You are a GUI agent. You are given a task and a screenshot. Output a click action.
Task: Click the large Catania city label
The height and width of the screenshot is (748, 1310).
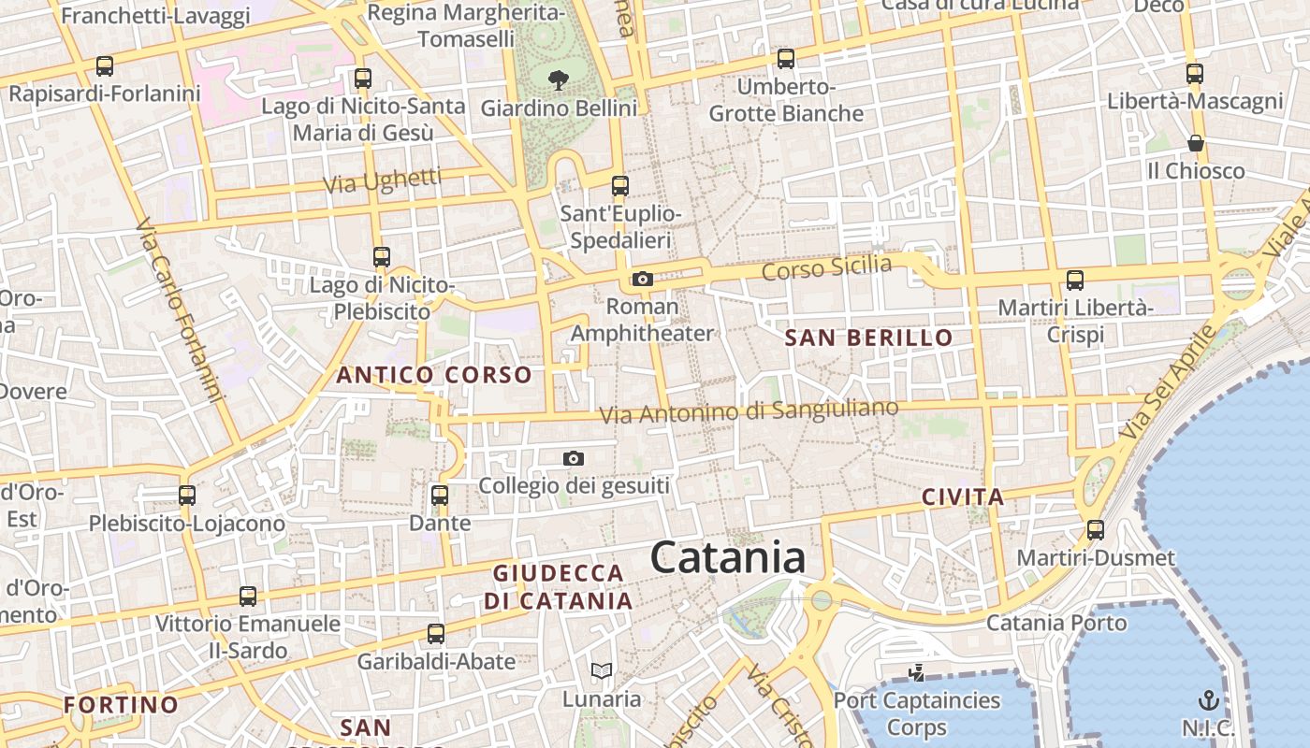click(727, 558)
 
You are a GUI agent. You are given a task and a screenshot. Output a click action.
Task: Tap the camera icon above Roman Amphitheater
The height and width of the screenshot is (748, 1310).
click(642, 279)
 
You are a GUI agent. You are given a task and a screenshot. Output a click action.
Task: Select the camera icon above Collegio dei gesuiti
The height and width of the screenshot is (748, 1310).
click(574, 458)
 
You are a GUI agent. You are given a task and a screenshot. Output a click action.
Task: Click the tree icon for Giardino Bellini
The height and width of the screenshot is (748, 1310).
click(559, 80)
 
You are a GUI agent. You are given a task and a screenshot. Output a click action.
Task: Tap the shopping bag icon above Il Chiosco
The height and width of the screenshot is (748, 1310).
click(1196, 143)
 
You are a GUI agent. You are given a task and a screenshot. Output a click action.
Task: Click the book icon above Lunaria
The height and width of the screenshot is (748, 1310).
click(602, 670)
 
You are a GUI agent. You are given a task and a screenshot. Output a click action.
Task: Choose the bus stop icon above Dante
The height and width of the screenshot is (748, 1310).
click(440, 496)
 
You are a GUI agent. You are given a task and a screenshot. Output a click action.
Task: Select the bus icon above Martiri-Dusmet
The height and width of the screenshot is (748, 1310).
click(1096, 530)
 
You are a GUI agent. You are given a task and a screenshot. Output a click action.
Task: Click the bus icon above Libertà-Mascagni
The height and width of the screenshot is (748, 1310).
click(1194, 73)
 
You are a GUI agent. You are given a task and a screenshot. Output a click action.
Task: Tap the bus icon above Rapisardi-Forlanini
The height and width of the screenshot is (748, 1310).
click(105, 66)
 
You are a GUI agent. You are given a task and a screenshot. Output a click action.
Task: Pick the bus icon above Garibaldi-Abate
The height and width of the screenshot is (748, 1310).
click(436, 634)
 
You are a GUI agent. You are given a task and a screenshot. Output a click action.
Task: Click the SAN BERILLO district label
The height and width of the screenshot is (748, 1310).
click(868, 338)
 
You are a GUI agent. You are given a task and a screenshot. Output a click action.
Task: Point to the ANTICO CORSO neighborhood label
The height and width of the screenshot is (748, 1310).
click(434, 375)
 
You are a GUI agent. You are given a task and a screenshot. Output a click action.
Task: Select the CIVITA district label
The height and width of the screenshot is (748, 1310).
click(963, 496)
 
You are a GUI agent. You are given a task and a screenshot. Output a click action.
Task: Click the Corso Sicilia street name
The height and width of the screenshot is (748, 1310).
click(827, 267)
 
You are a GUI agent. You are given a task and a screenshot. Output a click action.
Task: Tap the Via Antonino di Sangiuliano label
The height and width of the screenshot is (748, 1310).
click(749, 410)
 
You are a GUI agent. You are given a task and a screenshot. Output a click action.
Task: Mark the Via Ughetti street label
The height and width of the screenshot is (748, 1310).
click(382, 180)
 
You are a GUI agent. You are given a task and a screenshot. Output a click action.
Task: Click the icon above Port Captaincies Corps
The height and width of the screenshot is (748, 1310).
click(917, 672)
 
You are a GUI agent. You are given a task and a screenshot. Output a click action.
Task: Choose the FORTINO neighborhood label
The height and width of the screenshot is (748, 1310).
click(121, 704)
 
